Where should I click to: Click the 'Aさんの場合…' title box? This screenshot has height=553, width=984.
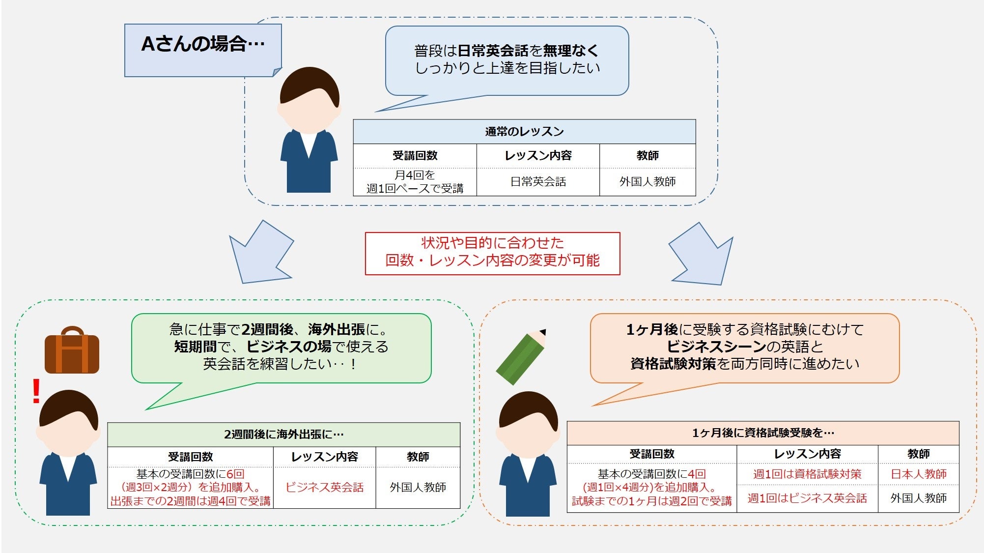click(x=203, y=50)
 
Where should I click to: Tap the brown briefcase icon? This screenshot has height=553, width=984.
click(x=72, y=351)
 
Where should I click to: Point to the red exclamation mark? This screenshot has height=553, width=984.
click(x=36, y=391)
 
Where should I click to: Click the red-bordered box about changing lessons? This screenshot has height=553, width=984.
click(x=492, y=253)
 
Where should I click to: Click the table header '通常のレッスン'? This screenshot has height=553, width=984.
click(x=524, y=132)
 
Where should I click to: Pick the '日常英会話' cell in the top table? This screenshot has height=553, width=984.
click(x=538, y=182)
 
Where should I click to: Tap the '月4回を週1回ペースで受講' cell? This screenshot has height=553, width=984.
click(x=415, y=182)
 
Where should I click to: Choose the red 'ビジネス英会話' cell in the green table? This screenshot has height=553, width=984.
click(x=324, y=487)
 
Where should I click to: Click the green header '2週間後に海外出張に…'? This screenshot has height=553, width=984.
click(x=283, y=435)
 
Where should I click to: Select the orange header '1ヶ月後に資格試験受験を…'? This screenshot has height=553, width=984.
click(x=762, y=433)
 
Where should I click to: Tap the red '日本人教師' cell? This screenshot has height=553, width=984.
click(x=918, y=474)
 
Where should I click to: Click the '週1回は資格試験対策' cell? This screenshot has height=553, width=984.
click(x=807, y=474)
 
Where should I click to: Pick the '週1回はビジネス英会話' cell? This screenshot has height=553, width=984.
click(x=807, y=498)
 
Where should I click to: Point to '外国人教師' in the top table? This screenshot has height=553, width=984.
click(x=647, y=182)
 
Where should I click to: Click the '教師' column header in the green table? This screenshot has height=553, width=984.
click(x=418, y=457)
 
